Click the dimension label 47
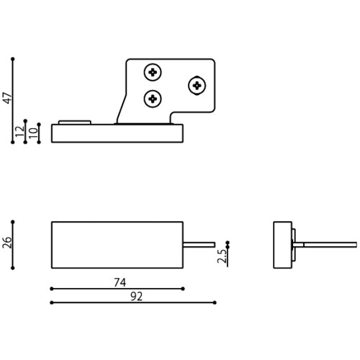(x=8, y=98)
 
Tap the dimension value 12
(x=20, y=131)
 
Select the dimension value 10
(x=33, y=132)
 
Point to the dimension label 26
(x=7, y=243)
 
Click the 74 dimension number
(x=120, y=282)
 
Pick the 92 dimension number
(x=137, y=297)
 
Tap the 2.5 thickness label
(x=222, y=256)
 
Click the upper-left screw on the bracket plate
(x=153, y=72)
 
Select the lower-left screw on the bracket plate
(x=153, y=99)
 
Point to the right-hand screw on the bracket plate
(x=197, y=86)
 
